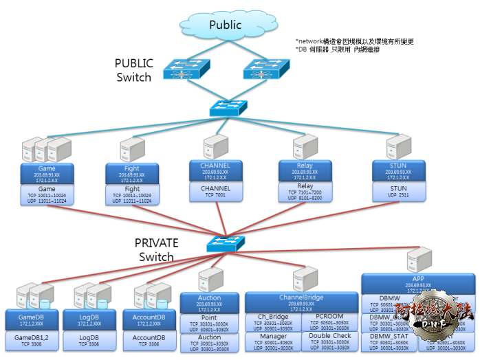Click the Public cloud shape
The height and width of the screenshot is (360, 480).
[x=225, y=25]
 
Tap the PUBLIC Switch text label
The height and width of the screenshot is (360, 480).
[x=133, y=70]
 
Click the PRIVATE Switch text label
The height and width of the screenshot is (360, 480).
[x=156, y=249]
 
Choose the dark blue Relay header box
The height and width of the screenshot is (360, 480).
[x=305, y=171]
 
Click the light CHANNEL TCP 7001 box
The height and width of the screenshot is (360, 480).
[x=215, y=191]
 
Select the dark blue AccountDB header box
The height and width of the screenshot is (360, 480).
[x=149, y=319]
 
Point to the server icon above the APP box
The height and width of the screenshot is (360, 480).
[x=419, y=260]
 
